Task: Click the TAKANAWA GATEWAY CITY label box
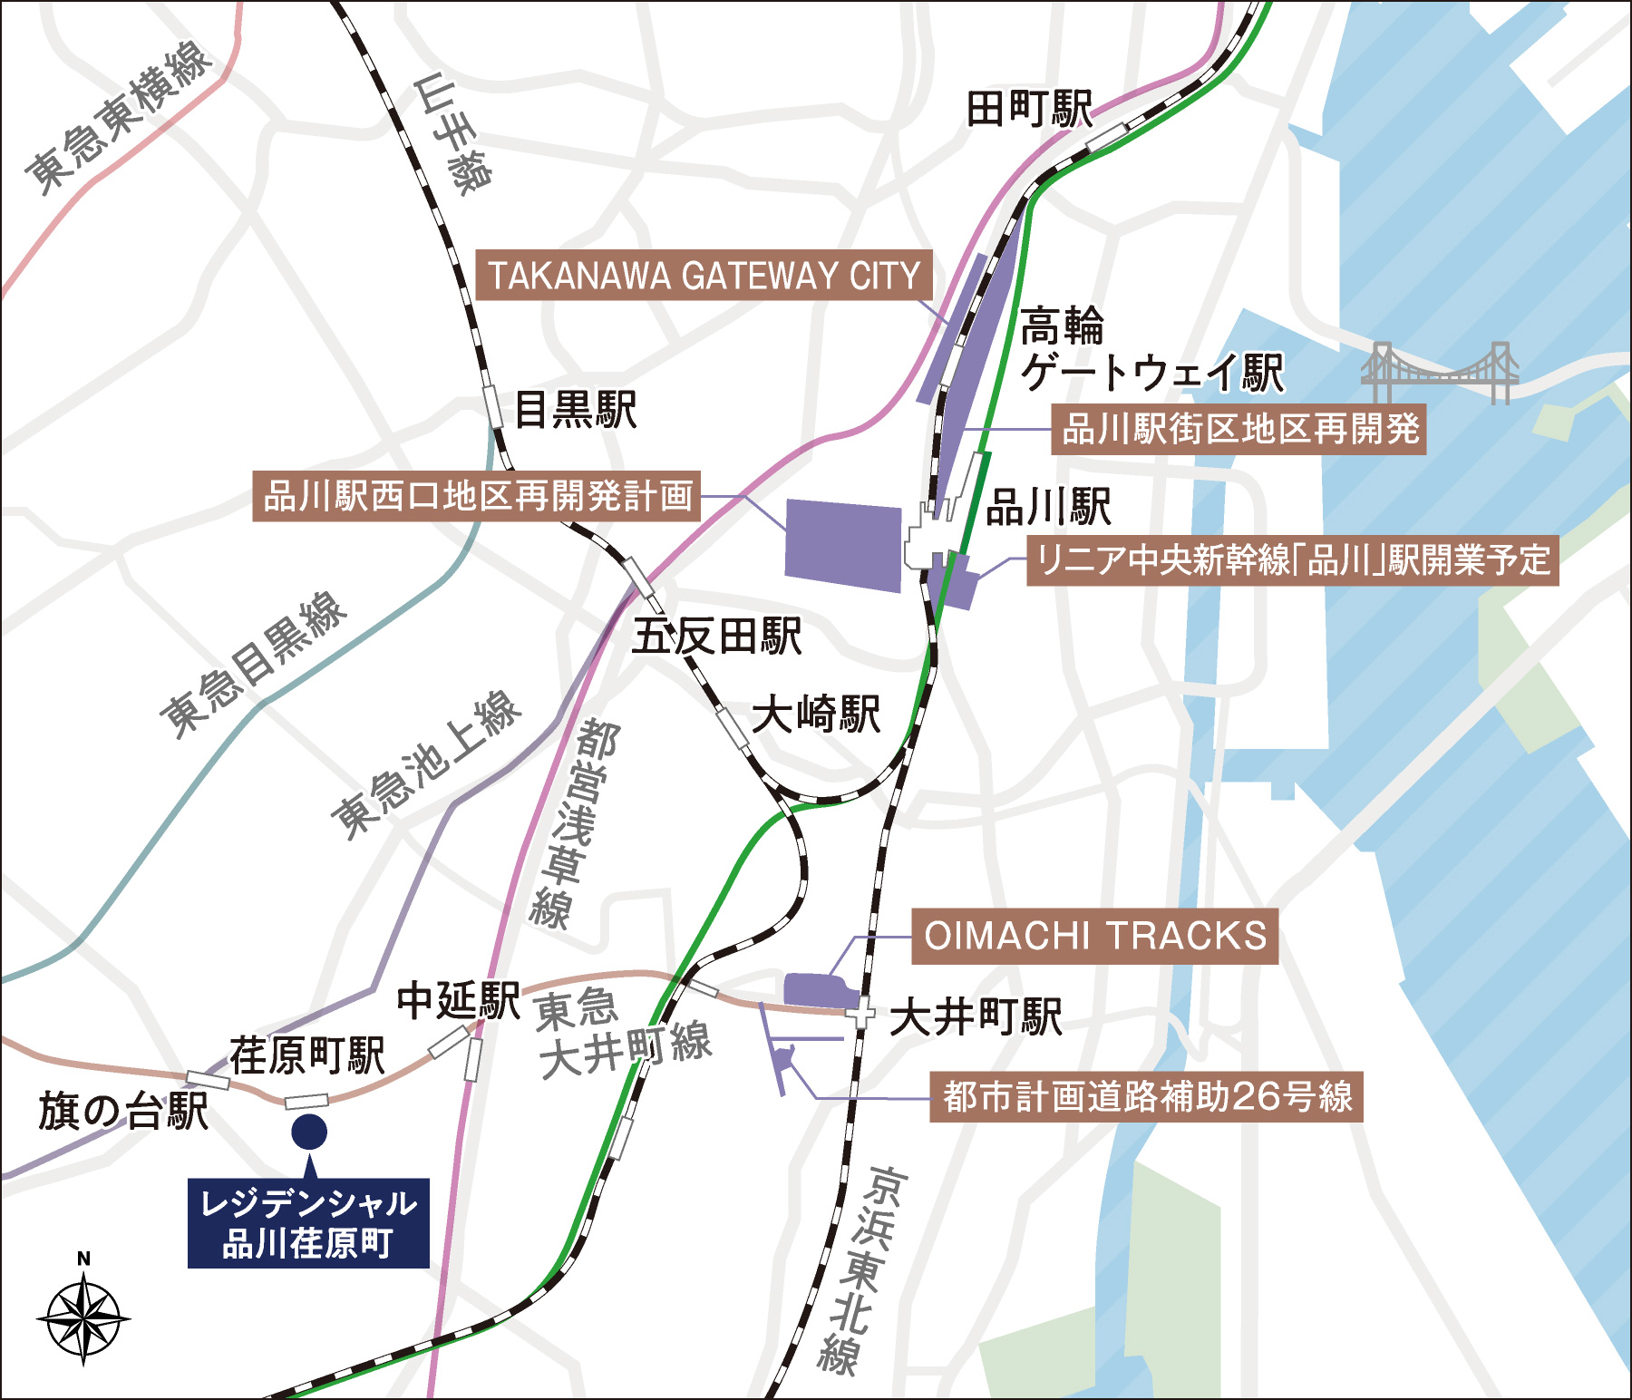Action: pos(704,275)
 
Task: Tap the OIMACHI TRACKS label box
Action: pos(1094,936)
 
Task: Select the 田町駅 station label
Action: pos(1029,110)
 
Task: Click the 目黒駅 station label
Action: pos(576,410)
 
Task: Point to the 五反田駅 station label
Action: pos(716,637)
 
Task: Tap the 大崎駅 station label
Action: pos(816,715)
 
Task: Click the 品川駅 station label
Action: pos(1048,507)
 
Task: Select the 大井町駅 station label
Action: pos(976,1017)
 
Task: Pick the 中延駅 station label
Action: pos(459,1001)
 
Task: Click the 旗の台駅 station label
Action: pos(123,1112)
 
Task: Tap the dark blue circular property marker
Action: pos(309,1132)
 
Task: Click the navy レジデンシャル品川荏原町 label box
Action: pos(308,1223)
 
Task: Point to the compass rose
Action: pos(83,1317)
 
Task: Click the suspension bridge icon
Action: pos(1439,372)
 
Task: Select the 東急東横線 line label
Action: pos(118,118)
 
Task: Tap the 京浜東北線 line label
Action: pos(861,1269)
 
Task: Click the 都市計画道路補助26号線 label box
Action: pos(1146,1097)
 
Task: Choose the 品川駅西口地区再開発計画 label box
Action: pos(476,496)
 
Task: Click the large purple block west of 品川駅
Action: pos(843,545)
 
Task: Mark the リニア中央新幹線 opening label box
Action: pos(1292,560)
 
